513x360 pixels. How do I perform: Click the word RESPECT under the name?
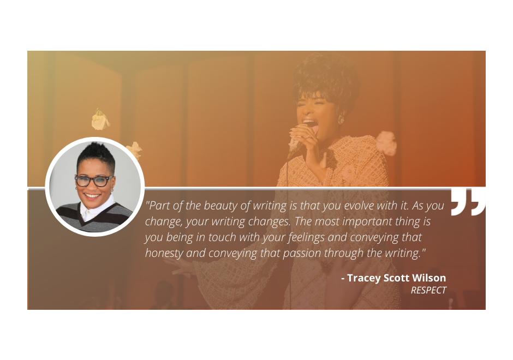[428, 291]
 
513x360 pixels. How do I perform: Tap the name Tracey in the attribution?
[364, 278]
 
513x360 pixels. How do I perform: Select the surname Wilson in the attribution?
[429, 278]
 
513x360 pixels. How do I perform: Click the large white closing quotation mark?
[468, 202]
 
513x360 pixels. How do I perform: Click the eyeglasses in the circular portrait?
[94, 181]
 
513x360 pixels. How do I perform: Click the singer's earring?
[341, 118]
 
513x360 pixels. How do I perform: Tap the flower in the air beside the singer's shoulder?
[386, 143]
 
